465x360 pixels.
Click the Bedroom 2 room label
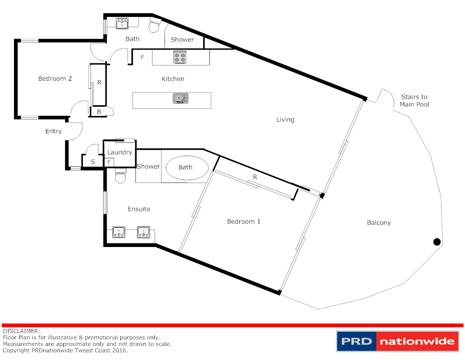coord(55,78)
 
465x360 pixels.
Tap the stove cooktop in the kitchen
coord(180,57)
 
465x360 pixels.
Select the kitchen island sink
coord(180,99)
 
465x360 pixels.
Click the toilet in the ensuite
coord(120,176)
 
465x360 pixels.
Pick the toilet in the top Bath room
coord(155,25)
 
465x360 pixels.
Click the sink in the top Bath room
coord(122,24)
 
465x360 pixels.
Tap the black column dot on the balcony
coord(437,242)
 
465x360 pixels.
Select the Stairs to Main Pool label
coord(414,100)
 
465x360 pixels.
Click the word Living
coord(285,120)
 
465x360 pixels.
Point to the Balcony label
coord(379,223)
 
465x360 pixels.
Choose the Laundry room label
coord(120,152)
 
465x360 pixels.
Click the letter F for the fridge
coord(142,57)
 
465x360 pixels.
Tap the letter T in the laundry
coord(109,163)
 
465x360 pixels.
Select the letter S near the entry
coord(93,162)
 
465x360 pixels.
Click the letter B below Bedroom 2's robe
coord(99,112)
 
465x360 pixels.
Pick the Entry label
coord(53,131)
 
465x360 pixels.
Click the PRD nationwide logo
coord(398,341)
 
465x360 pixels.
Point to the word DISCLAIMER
coord(21,331)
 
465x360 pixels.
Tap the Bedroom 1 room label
coord(244,222)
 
